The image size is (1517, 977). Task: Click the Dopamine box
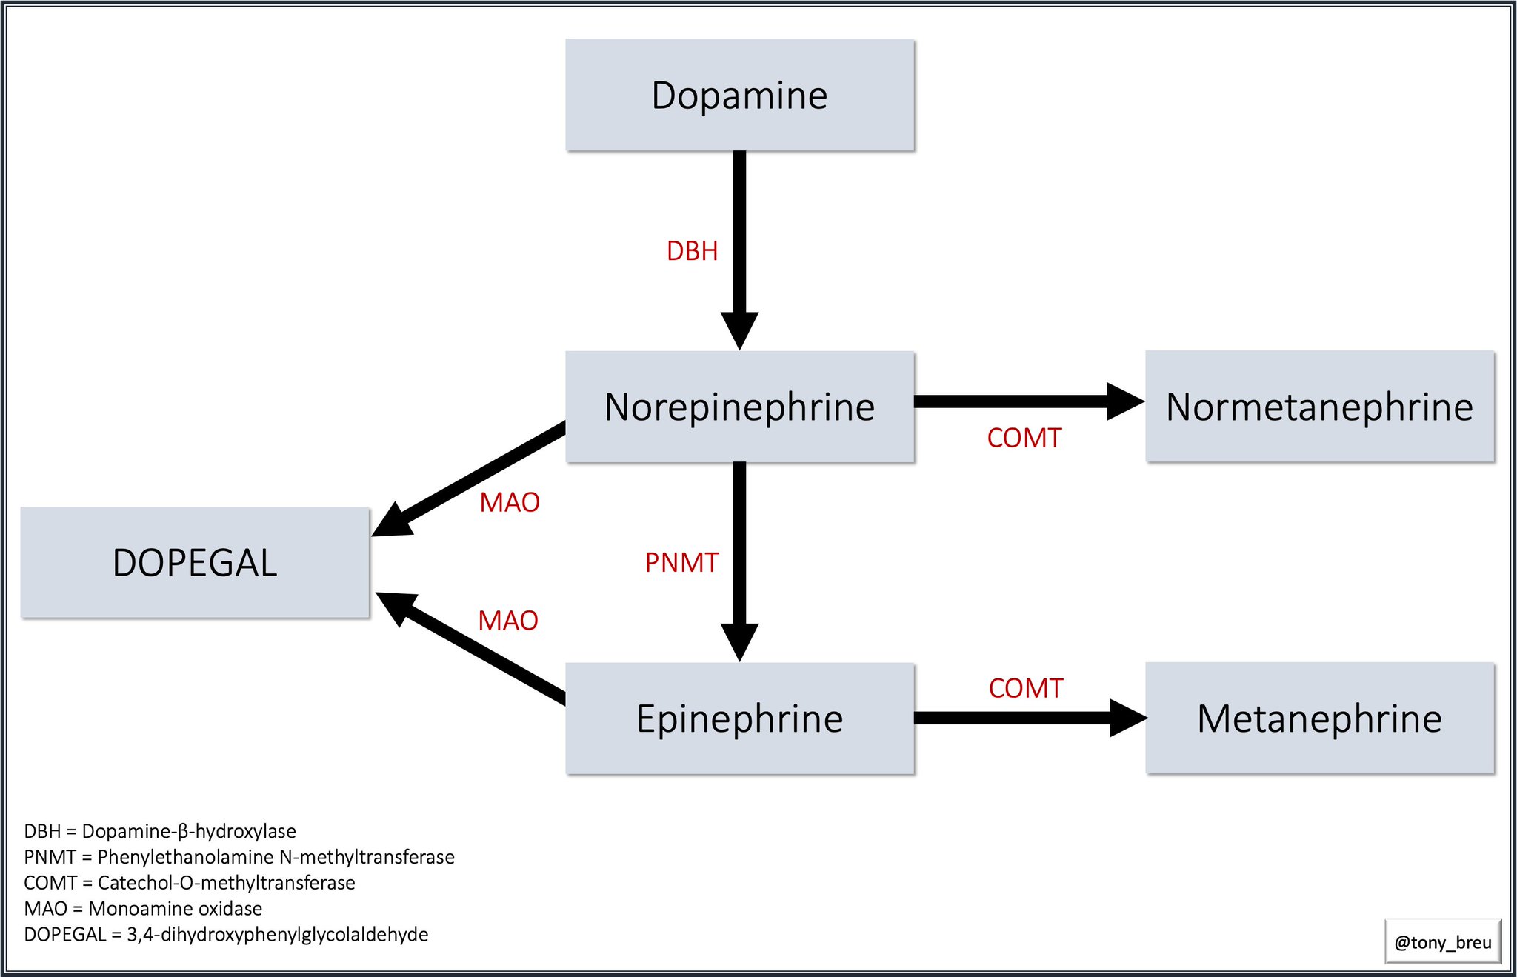tap(739, 96)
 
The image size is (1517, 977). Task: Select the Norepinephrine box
tap(739, 407)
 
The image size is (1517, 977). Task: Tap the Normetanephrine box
tap(1319, 407)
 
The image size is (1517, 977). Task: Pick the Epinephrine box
tap(739, 718)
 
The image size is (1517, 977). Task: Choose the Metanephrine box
tap(1319, 718)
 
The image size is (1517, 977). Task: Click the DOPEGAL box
tap(195, 562)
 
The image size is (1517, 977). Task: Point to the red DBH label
tap(692, 251)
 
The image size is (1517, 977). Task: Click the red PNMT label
tap(681, 563)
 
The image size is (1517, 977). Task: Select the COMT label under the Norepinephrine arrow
tap(1024, 438)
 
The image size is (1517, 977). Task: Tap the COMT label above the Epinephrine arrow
tap(1025, 688)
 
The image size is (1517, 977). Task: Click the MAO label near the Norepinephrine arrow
tap(509, 502)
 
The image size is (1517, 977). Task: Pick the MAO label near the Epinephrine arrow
tap(507, 621)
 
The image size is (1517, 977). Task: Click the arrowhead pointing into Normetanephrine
tap(1124, 401)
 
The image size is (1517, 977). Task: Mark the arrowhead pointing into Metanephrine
tap(1127, 718)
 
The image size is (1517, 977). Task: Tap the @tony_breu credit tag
tap(1442, 942)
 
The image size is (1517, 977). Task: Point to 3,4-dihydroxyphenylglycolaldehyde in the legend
tap(277, 935)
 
